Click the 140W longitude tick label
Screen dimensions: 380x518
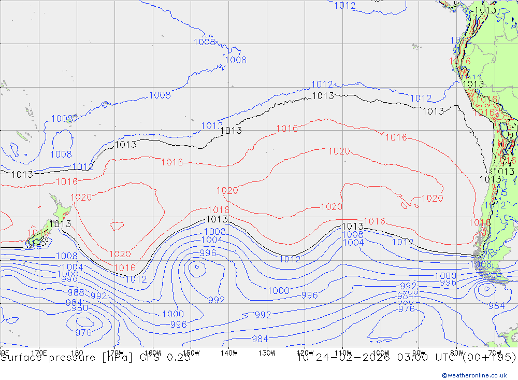tap(228, 353)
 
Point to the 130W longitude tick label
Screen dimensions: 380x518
tap(267, 353)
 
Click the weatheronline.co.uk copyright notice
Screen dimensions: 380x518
tap(474, 375)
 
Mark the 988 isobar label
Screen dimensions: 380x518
tap(76, 292)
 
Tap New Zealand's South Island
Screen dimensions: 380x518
tap(37, 238)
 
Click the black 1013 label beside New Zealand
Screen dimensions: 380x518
tap(60, 224)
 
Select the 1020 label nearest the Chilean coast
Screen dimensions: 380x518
tap(432, 198)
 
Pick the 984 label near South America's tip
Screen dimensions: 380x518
tap(496, 306)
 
